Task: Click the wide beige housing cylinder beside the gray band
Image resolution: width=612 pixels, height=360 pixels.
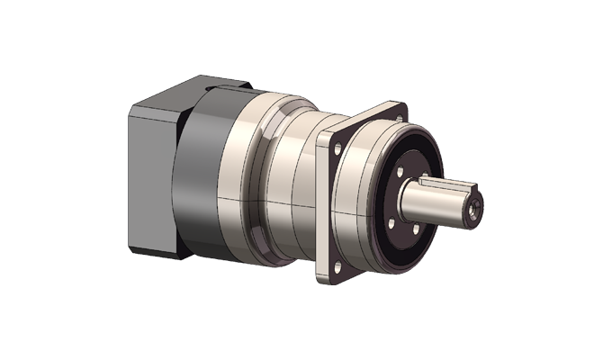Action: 243,180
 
